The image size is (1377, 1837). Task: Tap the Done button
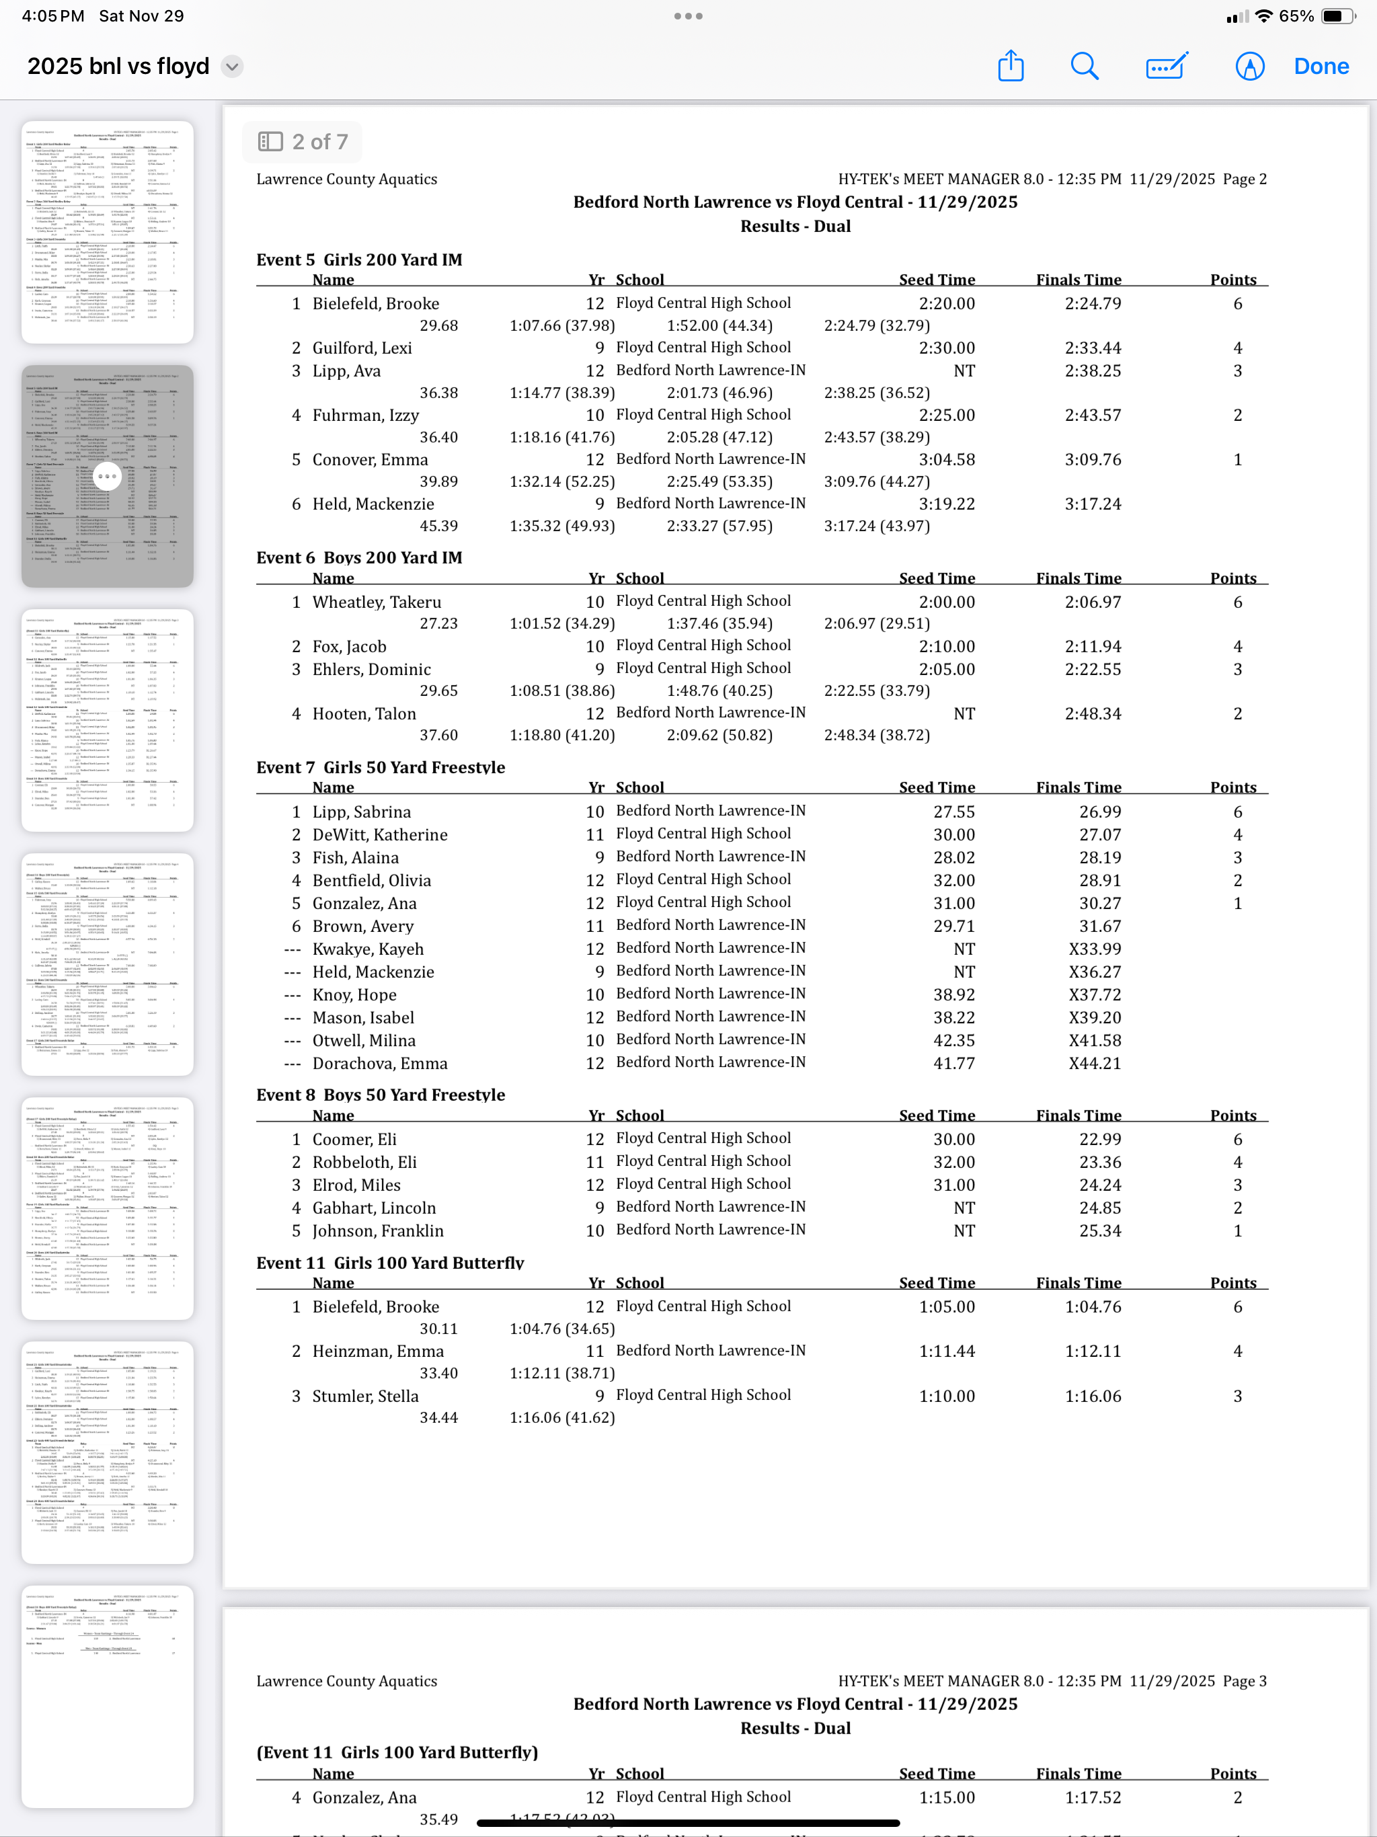(x=1321, y=67)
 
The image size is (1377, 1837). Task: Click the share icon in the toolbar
(x=1010, y=67)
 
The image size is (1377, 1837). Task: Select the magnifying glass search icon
(x=1084, y=67)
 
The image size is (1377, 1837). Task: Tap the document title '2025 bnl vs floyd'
(x=118, y=67)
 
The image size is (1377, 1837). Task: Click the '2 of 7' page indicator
(x=303, y=142)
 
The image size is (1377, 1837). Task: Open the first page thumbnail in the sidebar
(x=107, y=233)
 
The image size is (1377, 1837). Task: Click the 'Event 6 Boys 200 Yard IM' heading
(x=359, y=558)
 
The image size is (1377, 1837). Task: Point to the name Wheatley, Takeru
(x=377, y=602)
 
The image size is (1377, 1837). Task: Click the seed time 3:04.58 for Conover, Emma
(x=946, y=460)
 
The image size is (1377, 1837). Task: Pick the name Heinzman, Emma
(x=378, y=1351)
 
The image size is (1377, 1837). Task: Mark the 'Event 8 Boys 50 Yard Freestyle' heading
(x=381, y=1095)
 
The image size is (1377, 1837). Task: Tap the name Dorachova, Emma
(x=379, y=1064)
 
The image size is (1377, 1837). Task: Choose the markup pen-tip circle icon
(x=1249, y=67)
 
